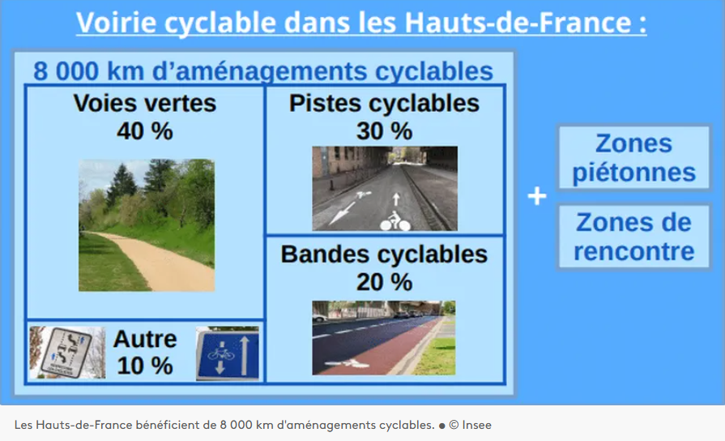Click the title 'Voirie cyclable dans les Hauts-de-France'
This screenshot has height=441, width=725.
(361, 22)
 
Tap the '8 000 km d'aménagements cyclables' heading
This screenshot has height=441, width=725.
(263, 71)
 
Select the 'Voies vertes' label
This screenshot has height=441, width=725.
(145, 104)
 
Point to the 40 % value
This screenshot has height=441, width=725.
(145, 130)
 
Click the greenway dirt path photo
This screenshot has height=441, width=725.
(147, 225)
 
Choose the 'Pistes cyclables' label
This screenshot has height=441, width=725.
(384, 104)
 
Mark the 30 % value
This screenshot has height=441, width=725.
(384, 130)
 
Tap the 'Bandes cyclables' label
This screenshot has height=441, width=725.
(384, 255)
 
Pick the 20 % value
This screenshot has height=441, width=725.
(384, 281)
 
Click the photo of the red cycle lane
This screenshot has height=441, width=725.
(384, 337)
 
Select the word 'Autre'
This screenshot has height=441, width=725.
(145, 339)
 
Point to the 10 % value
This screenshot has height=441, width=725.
(145, 366)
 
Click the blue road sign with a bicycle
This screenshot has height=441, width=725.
(227, 353)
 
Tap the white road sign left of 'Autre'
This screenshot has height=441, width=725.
(67, 352)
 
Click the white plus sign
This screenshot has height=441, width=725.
(537, 197)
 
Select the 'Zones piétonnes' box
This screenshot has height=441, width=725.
(633, 158)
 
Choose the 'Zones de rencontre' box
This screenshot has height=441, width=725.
(633, 236)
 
